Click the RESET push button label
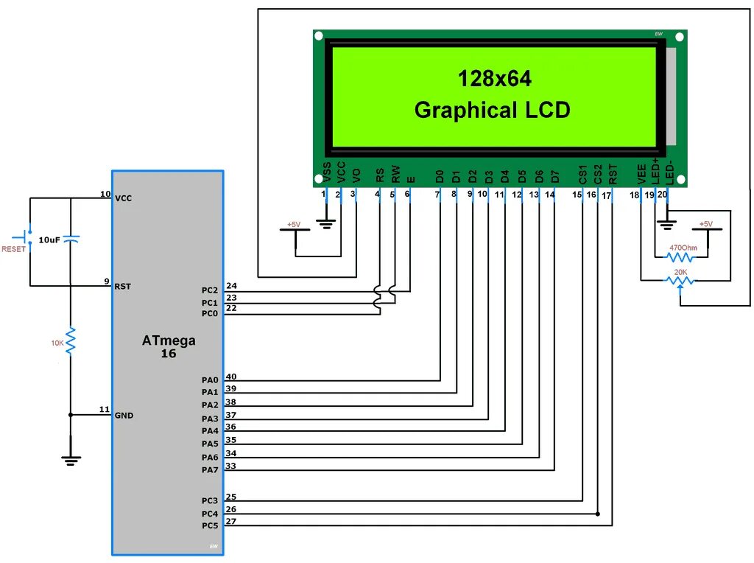pos(13,248)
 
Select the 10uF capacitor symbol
pos(71,239)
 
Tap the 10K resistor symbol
pos(71,341)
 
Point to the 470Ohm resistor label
pos(683,248)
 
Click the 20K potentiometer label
pos(680,272)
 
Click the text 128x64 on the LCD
pos(494,78)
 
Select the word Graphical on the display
pos(466,111)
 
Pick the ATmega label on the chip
pos(169,340)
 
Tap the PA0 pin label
pos(210,380)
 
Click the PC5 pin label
pos(210,525)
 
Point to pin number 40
pos(231,377)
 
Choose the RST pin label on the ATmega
pos(122,286)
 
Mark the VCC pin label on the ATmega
pos(124,198)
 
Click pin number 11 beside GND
pos(104,410)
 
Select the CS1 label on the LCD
pos(582,175)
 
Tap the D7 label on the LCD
pos(555,176)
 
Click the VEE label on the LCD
pos(641,175)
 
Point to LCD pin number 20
pos(662,195)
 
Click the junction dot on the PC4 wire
pos(597,514)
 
